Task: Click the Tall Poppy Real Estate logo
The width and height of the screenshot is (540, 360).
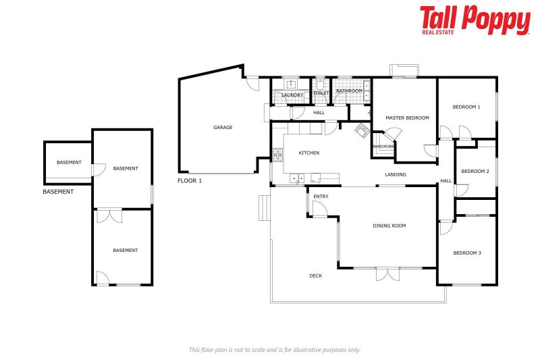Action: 475,20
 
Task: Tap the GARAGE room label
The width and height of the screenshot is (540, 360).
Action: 223,127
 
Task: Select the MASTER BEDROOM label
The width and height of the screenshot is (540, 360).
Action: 407,118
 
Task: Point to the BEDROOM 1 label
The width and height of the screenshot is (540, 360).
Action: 466,107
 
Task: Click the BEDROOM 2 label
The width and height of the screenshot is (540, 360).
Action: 475,171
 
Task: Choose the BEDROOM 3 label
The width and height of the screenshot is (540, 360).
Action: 466,253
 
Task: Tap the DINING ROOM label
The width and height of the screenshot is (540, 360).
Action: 389,226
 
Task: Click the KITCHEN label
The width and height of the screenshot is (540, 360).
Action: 309,153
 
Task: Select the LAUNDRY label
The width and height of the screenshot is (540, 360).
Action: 292,95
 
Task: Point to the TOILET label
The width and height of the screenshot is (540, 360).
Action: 321,93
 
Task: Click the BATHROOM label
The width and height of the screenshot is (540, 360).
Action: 349,91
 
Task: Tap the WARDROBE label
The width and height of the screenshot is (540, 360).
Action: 383,146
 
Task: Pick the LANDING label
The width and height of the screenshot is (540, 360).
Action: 396,175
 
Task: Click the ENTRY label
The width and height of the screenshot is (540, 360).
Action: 321,197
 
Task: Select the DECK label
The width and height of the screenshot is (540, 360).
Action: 316,276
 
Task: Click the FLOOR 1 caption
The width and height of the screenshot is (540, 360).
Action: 190,181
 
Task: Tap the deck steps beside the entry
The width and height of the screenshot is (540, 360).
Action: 264,209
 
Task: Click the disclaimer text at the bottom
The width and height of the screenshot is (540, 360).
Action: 275,349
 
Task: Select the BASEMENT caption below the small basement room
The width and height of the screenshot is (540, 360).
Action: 58,192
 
